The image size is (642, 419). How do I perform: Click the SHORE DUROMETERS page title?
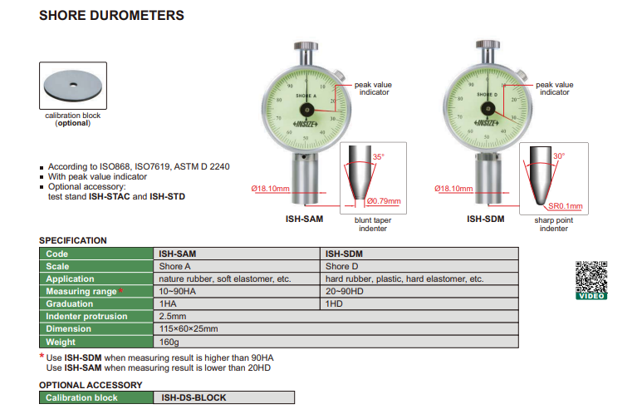(x=111, y=15)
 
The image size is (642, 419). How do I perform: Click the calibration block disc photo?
(x=73, y=86)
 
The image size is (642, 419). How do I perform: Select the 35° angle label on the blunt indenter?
(x=379, y=156)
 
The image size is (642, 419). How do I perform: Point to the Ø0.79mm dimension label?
(x=383, y=201)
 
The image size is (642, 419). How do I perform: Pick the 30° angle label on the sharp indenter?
(x=559, y=155)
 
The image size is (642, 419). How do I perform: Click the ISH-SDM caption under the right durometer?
(x=485, y=219)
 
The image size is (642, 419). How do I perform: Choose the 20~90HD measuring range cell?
(x=346, y=292)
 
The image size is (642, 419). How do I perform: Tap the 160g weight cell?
(x=169, y=342)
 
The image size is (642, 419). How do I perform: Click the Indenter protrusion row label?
(x=87, y=317)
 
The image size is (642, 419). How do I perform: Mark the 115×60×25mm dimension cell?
(x=189, y=329)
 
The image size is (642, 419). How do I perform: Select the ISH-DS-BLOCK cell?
(x=194, y=397)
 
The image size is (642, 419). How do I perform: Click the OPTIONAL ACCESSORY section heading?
(x=91, y=385)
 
